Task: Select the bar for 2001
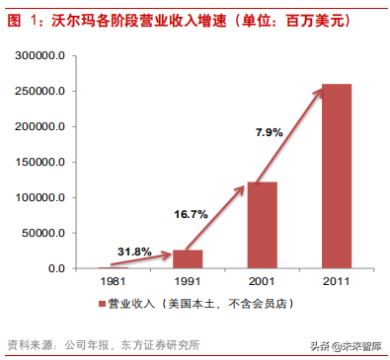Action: (x=261, y=224)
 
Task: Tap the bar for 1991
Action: (x=188, y=258)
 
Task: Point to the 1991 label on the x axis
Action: (x=188, y=282)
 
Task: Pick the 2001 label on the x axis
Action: (x=261, y=282)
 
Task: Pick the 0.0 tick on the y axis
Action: (x=56, y=268)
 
